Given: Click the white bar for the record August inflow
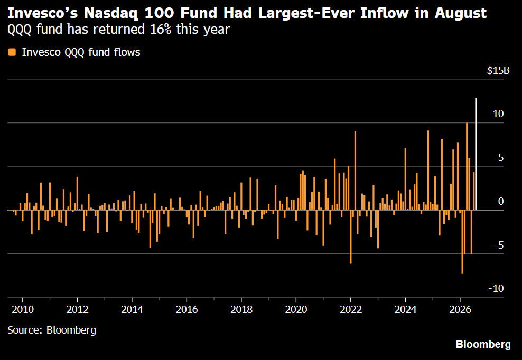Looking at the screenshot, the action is (476, 154).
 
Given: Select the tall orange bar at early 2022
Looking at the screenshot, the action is (355, 170).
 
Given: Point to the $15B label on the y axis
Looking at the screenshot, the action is (498, 71).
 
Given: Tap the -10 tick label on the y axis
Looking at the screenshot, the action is (496, 288).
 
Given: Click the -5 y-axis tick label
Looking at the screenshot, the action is (498, 245).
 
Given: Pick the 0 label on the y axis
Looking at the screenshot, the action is (501, 201).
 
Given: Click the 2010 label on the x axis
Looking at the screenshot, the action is (23, 309).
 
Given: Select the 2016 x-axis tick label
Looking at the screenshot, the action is (187, 309).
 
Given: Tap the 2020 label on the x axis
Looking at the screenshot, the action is (296, 309).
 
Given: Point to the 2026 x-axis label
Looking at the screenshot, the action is (460, 309).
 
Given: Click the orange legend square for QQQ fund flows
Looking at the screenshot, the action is (12, 52).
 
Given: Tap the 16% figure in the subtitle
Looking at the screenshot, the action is (161, 29).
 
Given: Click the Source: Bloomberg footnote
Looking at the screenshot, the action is (52, 330).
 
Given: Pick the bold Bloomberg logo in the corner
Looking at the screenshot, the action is (483, 344).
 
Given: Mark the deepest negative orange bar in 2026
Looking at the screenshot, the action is (462, 242).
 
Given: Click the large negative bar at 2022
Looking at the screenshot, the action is (350, 236).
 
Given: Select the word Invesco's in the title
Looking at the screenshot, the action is (43, 13).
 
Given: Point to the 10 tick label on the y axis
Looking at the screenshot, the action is (498, 114).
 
